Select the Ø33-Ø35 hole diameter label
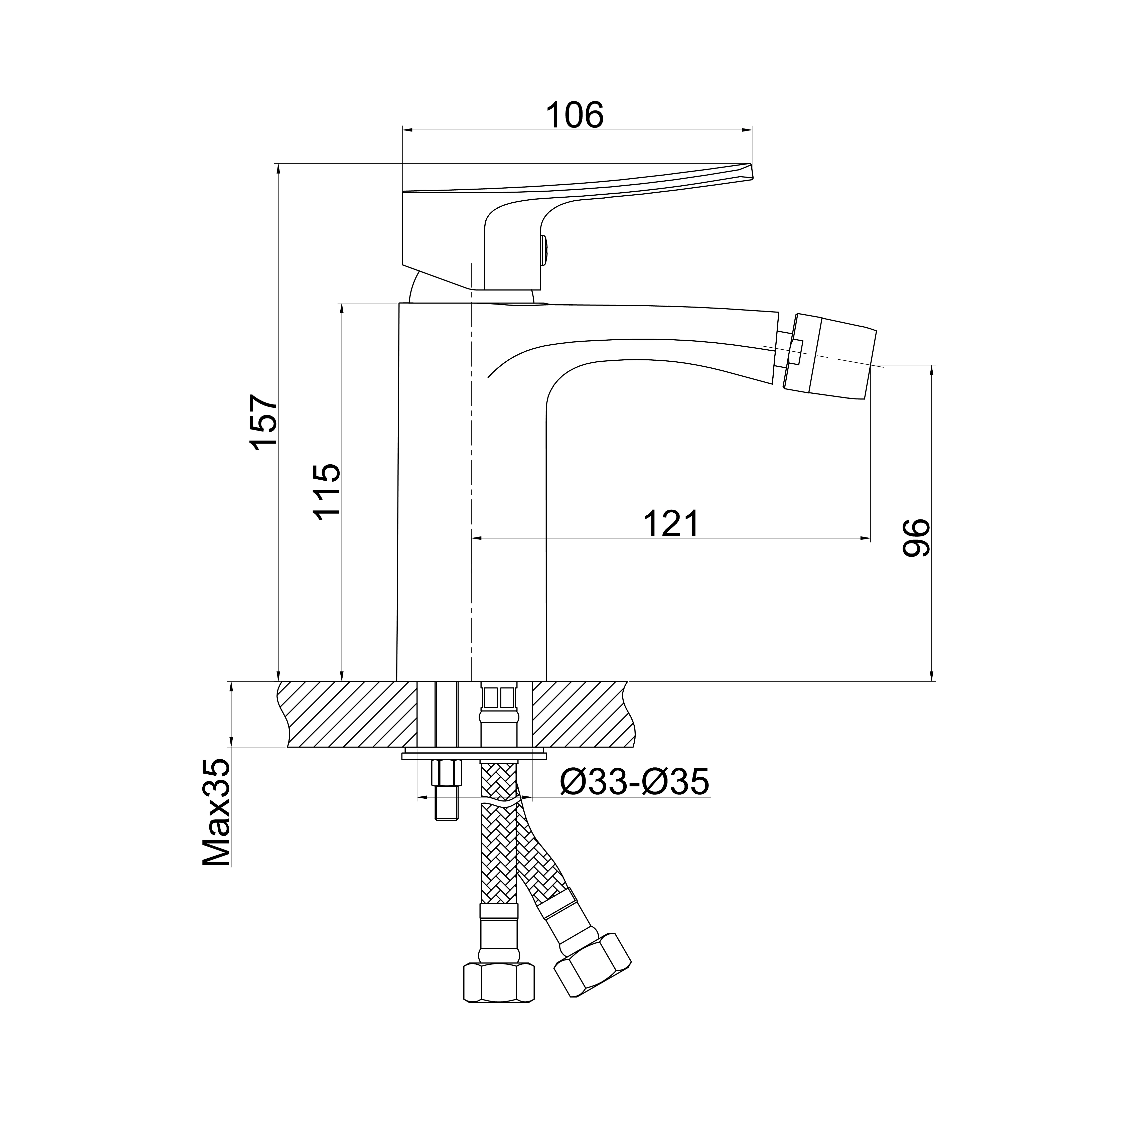pyautogui.click(x=634, y=782)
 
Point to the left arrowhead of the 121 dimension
pyautogui.click(x=475, y=538)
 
